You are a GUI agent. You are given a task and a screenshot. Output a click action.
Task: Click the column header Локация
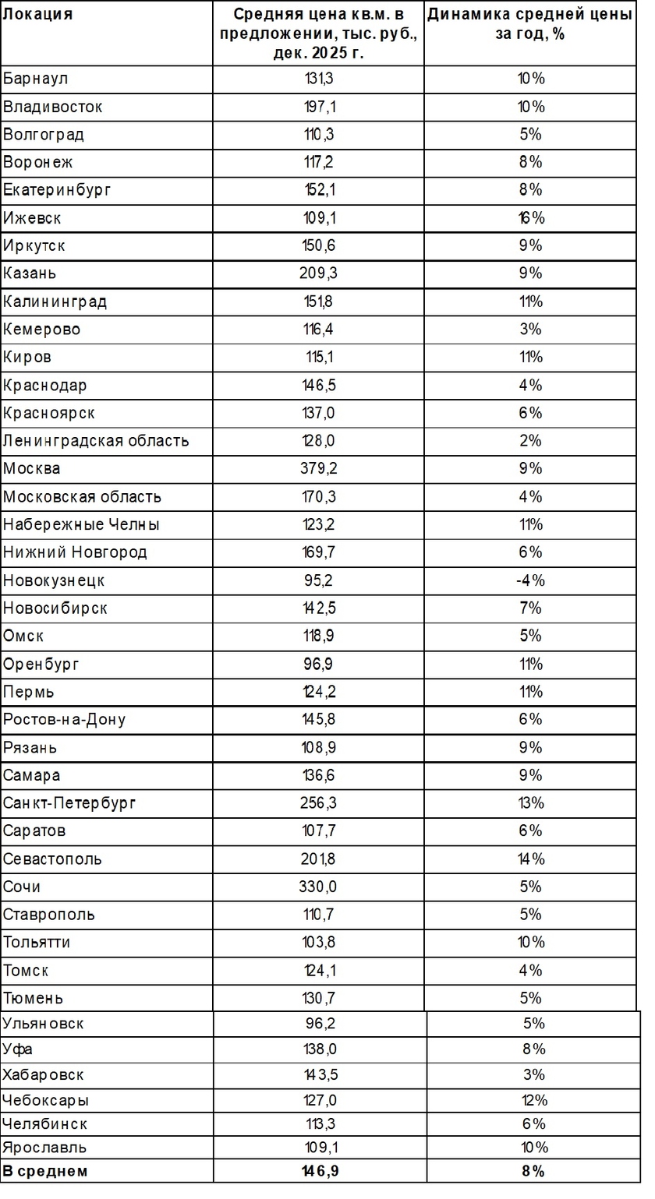pyautogui.click(x=38, y=15)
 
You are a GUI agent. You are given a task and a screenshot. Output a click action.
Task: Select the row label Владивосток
pyautogui.click(x=53, y=107)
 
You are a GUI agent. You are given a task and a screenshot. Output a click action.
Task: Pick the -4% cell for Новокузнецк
pyautogui.click(x=530, y=580)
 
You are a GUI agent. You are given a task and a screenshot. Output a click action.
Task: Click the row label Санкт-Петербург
pyautogui.click(x=69, y=803)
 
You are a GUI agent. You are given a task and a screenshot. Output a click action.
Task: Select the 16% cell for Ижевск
pyautogui.click(x=530, y=218)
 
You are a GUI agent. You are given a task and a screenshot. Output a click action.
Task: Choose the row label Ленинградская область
pyautogui.click(x=96, y=441)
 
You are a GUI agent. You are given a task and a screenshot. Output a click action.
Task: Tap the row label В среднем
pyautogui.click(x=45, y=1171)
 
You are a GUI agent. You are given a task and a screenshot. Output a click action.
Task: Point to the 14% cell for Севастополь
pyautogui.click(x=530, y=859)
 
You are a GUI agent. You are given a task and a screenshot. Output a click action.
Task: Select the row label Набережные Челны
pyautogui.click(x=81, y=524)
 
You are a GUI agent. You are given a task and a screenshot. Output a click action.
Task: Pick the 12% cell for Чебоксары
pyautogui.click(x=534, y=1101)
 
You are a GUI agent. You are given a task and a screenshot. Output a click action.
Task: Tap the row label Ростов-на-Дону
pyautogui.click(x=64, y=720)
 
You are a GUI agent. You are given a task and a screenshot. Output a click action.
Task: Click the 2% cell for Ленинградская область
pyautogui.click(x=530, y=441)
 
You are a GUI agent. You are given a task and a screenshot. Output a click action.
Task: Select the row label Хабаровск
pyautogui.click(x=43, y=1075)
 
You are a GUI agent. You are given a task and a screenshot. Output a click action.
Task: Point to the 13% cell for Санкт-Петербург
pyautogui.click(x=530, y=803)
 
